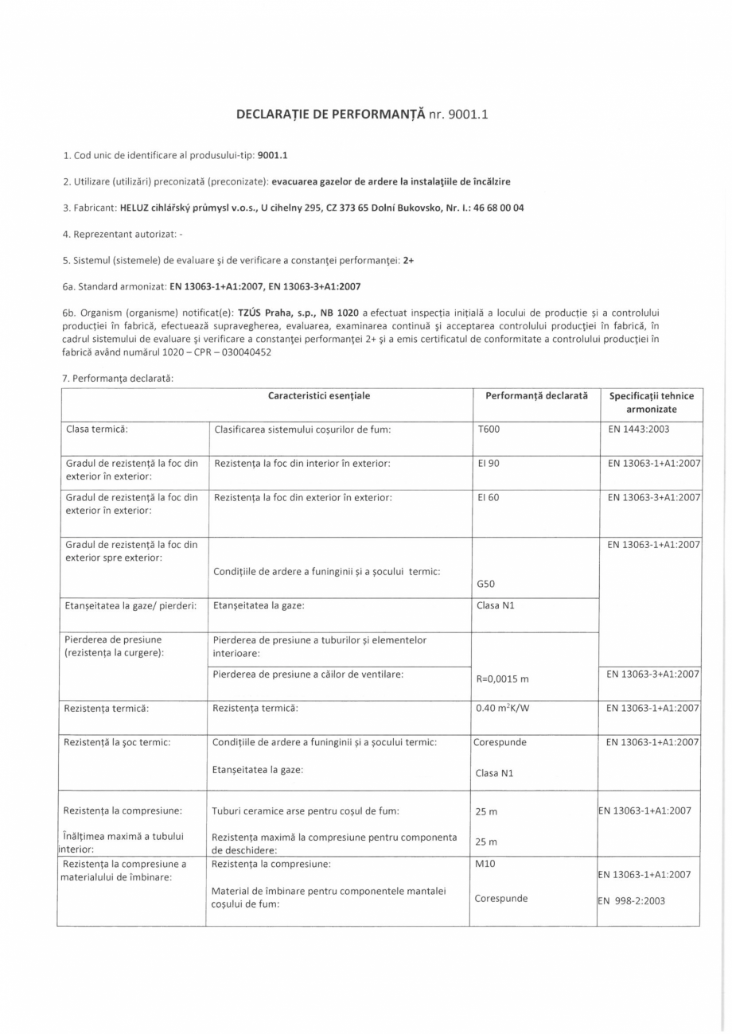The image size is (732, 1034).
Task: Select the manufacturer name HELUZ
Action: pyautogui.click(x=138, y=208)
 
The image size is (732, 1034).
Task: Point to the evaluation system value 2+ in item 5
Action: pyautogui.click(x=408, y=259)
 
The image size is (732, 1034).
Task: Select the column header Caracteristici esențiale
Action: pyautogui.click(x=319, y=395)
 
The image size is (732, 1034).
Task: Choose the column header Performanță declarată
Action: pyautogui.click(x=536, y=395)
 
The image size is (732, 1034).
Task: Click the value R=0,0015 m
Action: pyautogui.click(x=502, y=678)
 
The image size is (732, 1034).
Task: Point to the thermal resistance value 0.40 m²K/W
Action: pyautogui.click(x=501, y=707)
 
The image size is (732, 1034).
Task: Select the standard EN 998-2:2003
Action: pyautogui.click(x=632, y=901)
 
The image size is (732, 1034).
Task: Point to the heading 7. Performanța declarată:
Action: pyautogui.click(x=118, y=378)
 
